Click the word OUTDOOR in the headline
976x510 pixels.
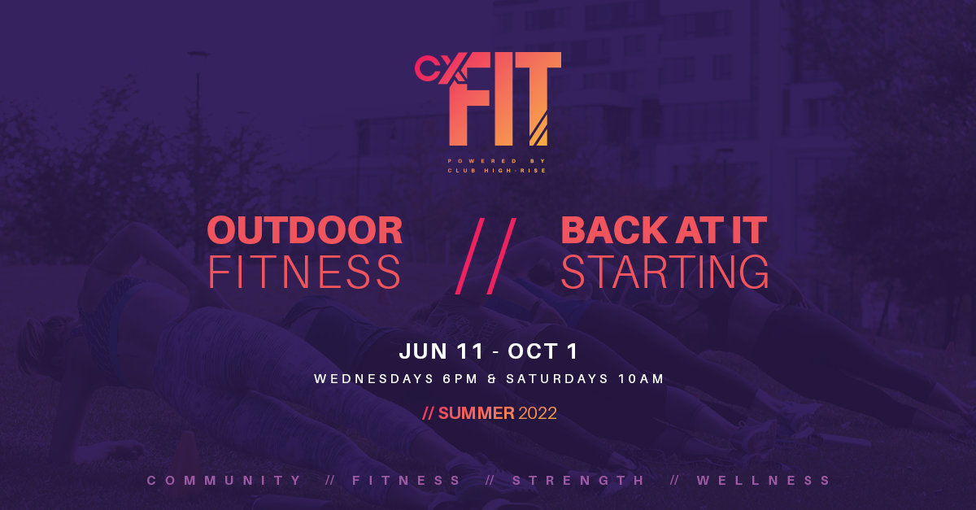(x=304, y=230)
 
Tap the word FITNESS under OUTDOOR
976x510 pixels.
(x=304, y=272)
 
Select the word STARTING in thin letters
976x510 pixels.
(x=665, y=272)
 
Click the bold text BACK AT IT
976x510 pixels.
(x=664, y=230)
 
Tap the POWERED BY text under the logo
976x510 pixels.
(x=497, y=161)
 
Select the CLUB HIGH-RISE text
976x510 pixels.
(x=497, y=171)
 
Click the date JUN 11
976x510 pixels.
(x=442, y=351)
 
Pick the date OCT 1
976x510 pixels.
(x=542, y=351)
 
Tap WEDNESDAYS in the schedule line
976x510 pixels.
(x=374, y=379)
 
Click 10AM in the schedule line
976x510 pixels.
(x=641, y=379)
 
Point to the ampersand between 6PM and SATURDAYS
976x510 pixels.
(x=492, y=379)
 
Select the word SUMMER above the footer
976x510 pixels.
(x=477, y=413)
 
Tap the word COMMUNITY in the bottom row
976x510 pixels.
(x=224, y=481)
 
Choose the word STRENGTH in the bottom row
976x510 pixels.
(x=577, y=481)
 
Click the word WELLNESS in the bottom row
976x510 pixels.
(x=764, y=481)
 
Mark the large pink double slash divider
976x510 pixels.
(x=486, y=256)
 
